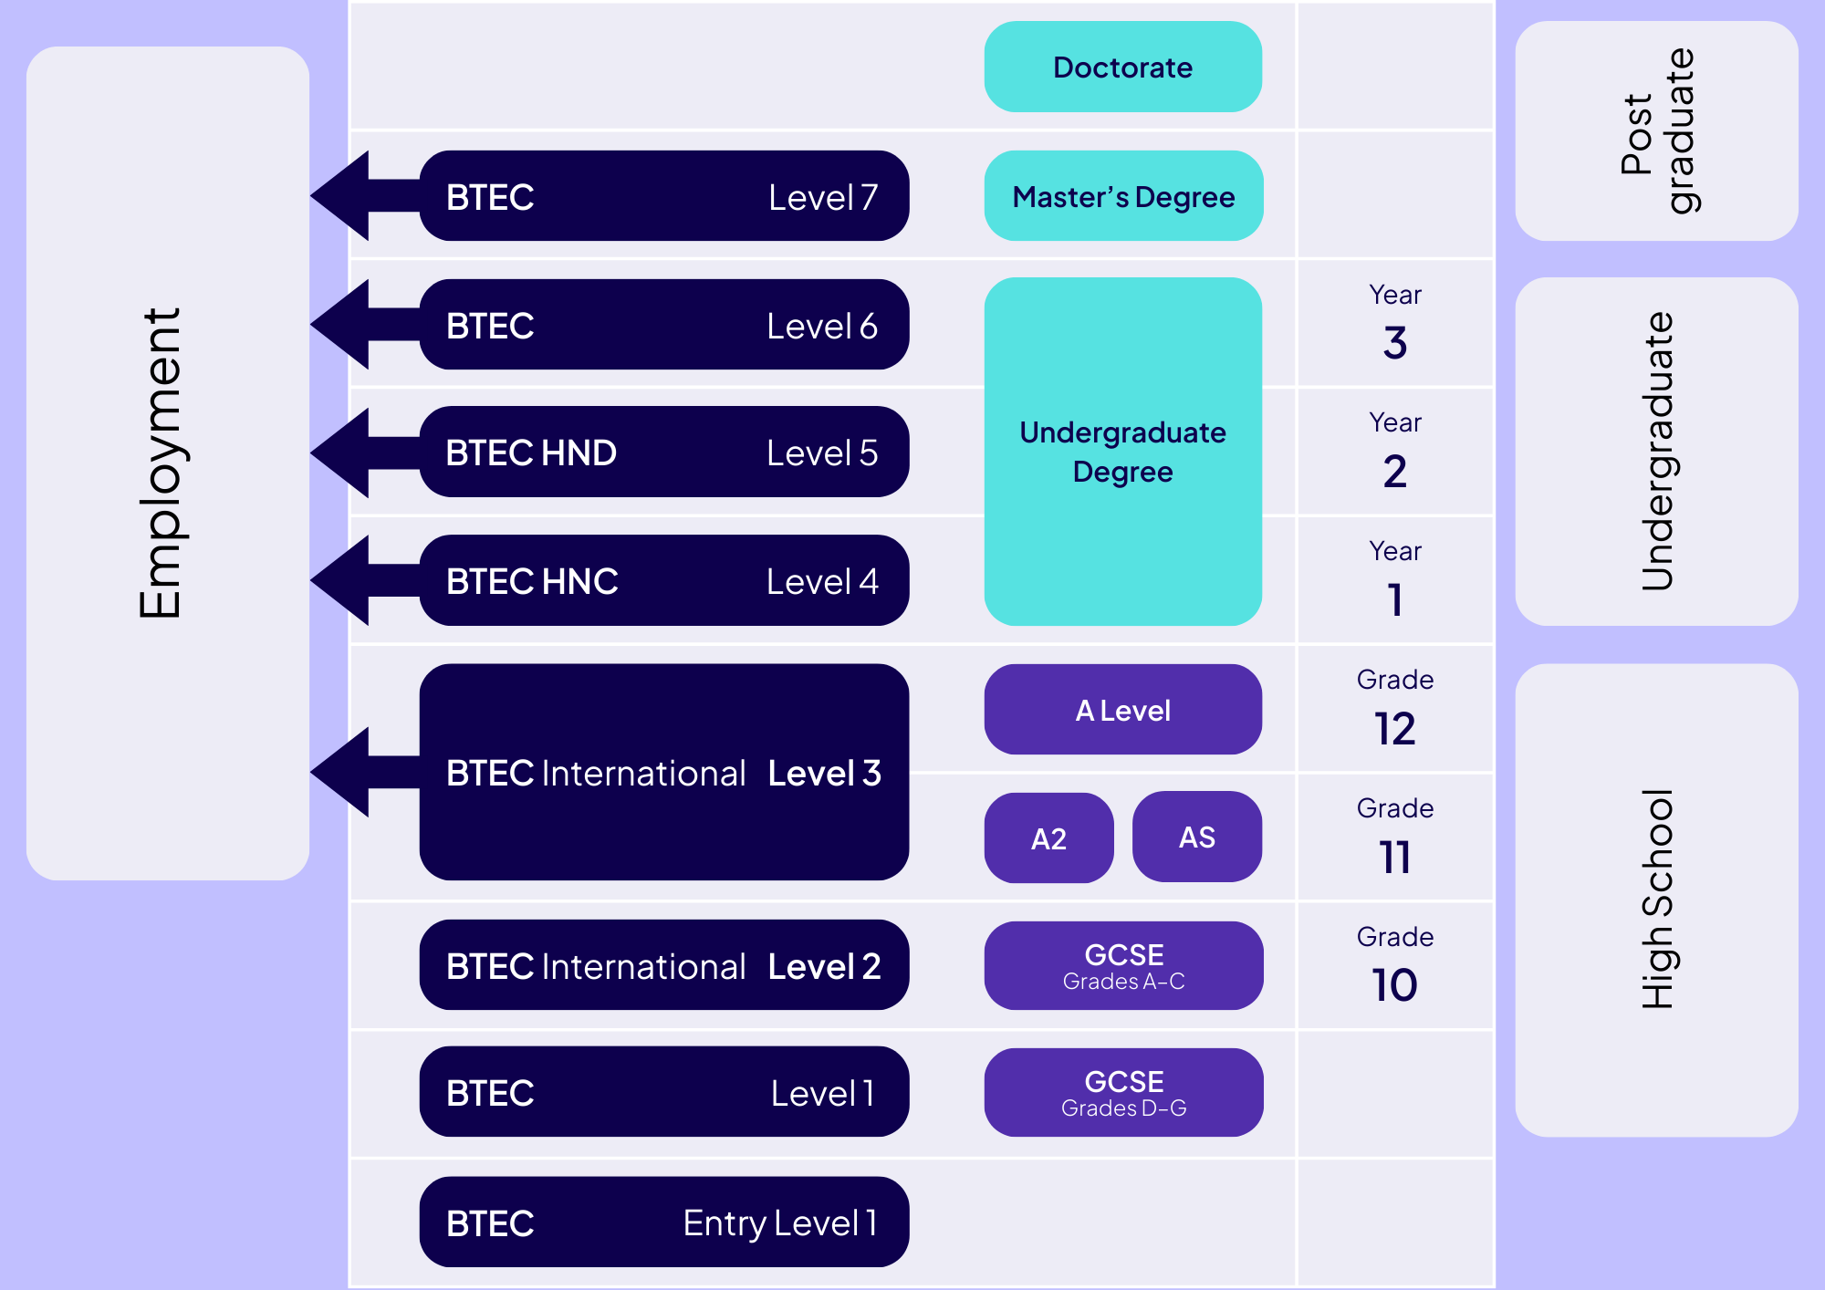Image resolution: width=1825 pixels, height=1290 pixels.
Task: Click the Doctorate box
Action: (1122, 68)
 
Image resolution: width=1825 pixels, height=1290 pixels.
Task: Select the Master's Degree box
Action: (1122, 196)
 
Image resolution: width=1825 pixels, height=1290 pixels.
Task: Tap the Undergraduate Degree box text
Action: (1122, 452)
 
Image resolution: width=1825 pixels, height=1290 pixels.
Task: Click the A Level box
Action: (1122, 710)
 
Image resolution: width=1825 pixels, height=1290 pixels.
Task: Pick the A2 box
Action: (1048, 837)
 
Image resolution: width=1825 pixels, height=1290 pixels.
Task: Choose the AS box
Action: (1196, 837)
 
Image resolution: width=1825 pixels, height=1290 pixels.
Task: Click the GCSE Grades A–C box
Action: (1123, 965)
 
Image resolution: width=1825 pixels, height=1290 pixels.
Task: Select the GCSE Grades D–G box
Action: (1123, 1092)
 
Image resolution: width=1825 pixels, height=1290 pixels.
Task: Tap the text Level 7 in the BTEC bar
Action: (822, 197)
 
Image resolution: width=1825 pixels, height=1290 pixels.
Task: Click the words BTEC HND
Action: (531, 453)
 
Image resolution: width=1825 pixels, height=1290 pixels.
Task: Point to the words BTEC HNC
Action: (532, 581)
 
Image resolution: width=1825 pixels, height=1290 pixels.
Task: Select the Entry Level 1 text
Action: (779, 1222)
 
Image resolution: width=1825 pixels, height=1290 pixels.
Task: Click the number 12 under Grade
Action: (1394, 729)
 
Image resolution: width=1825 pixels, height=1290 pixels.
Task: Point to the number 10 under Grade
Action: (1394, 985)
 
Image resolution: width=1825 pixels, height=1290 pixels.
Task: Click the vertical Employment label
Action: (162, 463)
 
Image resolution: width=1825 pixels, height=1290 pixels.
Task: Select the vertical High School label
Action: (1656, 899)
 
